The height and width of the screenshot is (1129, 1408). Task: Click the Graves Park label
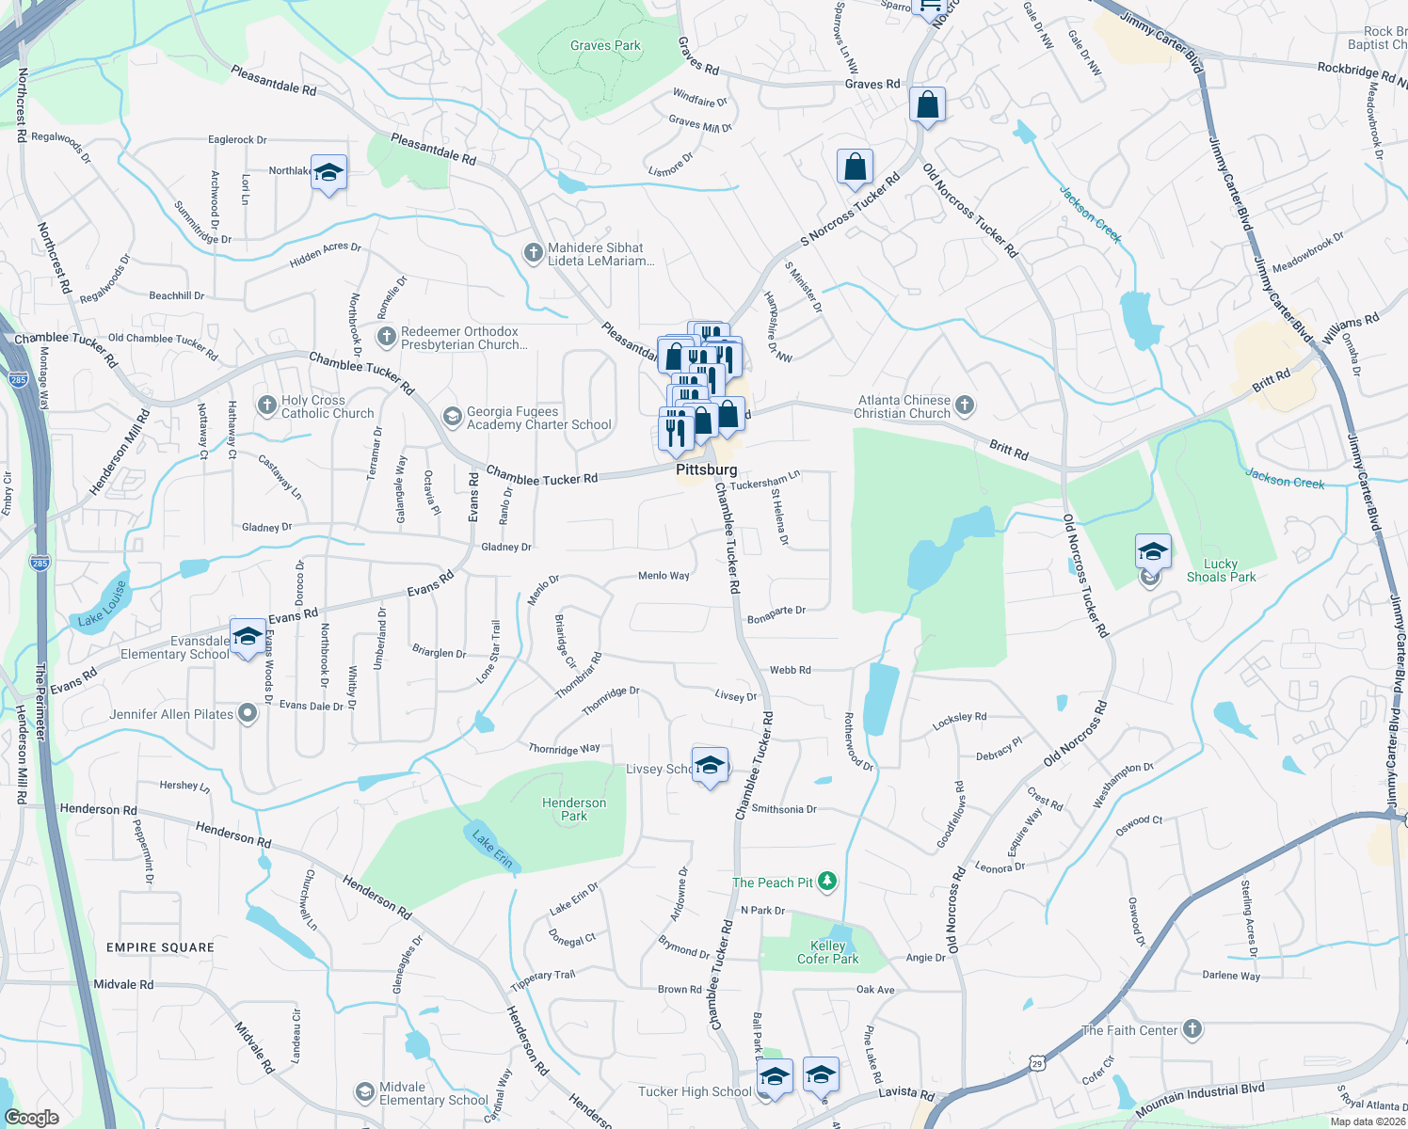click(605, 45)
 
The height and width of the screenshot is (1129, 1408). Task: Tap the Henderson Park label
click(574, 809)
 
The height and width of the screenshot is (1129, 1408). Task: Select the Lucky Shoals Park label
click(1221, 570)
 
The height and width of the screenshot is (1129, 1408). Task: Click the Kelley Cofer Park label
click(828, 952)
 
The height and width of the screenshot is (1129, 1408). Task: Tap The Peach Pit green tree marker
click(827, 882)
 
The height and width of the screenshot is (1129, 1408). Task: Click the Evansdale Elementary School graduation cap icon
click(248, 636)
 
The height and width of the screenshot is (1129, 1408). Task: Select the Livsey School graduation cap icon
click(711, 764)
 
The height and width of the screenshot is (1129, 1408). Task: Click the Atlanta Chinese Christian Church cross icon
click(964, 405)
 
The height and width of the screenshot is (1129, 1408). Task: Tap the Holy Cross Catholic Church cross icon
click(267, 405)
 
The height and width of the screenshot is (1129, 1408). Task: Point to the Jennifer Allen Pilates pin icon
click(248, 714)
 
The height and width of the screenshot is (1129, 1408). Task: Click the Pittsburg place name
click(706, 469)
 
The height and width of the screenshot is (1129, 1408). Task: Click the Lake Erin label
click(492, 848)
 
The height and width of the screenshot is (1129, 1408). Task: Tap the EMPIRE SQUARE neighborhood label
click(160, 947)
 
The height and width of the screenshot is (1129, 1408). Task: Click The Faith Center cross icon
click(1192, 1029)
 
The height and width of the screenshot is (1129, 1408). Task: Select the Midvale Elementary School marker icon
click(364, 1092)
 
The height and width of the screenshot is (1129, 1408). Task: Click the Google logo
click(31, 1117)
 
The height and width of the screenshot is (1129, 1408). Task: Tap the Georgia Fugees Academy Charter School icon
click(453, 417)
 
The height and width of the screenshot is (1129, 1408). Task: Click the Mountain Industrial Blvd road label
click(1200, 1101)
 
